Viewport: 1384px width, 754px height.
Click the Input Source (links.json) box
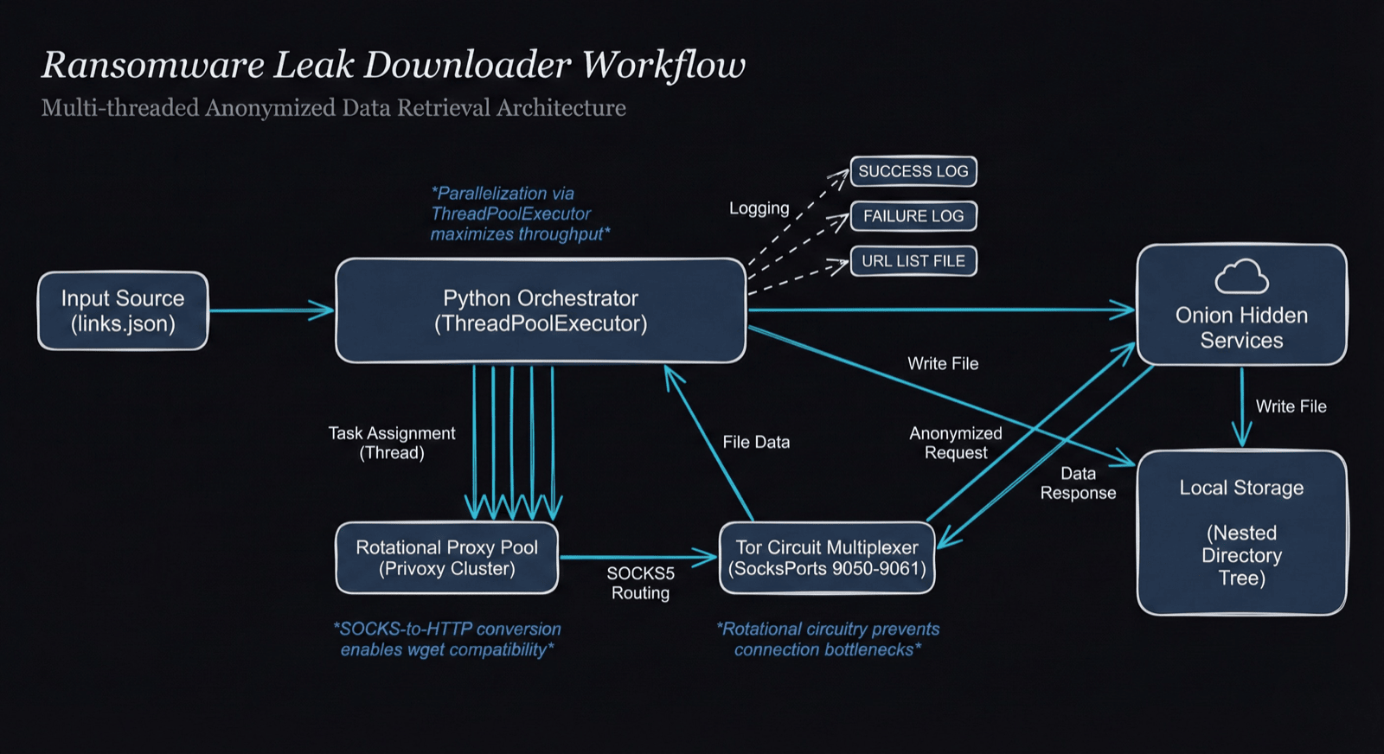[x=123, y=311]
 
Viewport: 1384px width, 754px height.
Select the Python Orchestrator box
[x=541, y=310]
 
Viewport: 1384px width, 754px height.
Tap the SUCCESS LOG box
[x=913, y=171]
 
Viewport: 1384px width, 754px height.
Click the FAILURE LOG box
[x=913, y=216]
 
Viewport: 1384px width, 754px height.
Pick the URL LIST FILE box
[x=913, y=261]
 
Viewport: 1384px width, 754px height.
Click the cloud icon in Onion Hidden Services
[x=1241, y=277]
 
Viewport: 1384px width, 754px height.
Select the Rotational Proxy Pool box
[x=446, y=558]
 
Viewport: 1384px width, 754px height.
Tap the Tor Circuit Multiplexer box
[x=827, y=558]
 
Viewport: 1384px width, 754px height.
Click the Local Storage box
[x=1241, y=533]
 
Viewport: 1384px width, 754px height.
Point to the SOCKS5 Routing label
[x=640, y=583]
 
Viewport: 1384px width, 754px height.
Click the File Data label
[x=756, y=442]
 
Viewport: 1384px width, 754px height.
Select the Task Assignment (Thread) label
[x=392, y=443]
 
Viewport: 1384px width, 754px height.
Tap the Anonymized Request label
[x=955, y=443]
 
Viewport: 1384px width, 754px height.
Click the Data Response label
[x=1078, y=483]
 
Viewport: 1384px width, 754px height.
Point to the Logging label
[x=759, y=208]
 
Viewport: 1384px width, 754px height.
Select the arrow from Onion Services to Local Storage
[x=1242, y=406]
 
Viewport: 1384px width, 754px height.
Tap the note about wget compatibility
[x=446, y=639]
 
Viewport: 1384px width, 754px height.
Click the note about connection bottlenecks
[x=827, y=639]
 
